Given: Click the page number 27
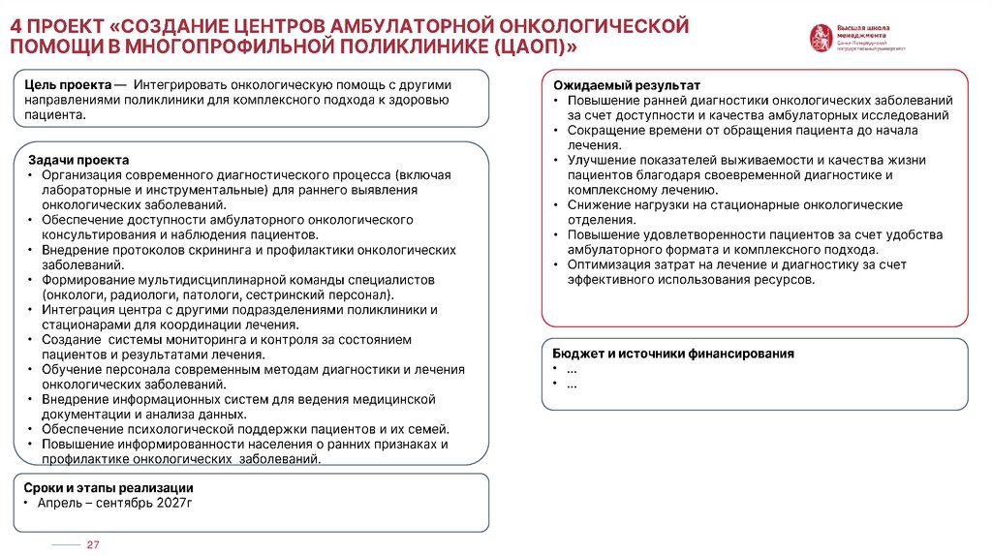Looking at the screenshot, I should pyautogui.click(x=94, y=545).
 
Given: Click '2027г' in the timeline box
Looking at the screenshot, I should pyautogui.click(x=175, y=504).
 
